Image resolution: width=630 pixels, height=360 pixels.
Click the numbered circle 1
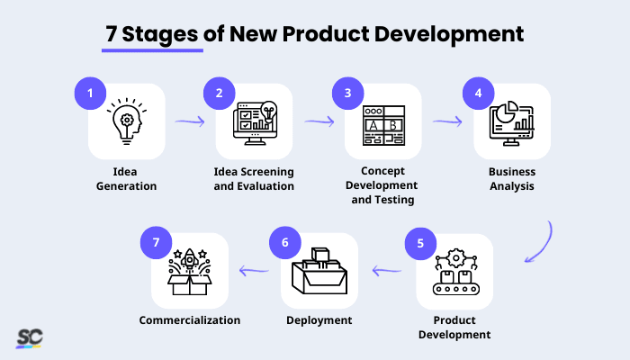[x=89, y=93]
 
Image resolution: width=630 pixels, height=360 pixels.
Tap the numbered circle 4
[x=478, y=93]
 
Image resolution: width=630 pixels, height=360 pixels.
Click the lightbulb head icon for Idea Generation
[x=126, y=122]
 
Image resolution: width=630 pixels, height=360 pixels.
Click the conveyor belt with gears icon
[x=454, y=273]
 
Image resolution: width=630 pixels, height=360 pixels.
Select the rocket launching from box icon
[x=190, y=271]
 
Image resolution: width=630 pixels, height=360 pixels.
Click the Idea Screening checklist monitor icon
[x=255, y=122]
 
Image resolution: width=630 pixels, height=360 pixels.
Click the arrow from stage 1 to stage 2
[x=189, y=120]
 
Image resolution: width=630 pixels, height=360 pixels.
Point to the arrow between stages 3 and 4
[x=447, y=119]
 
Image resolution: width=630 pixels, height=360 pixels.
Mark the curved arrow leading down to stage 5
[x=541, y=243]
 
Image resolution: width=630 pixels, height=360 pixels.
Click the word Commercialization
[x=189, y=320]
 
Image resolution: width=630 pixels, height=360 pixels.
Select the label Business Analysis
[x=512, y=179]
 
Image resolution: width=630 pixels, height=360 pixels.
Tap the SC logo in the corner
[x=29, y=338]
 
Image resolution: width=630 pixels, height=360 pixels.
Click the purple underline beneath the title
[x=152, y=50]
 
